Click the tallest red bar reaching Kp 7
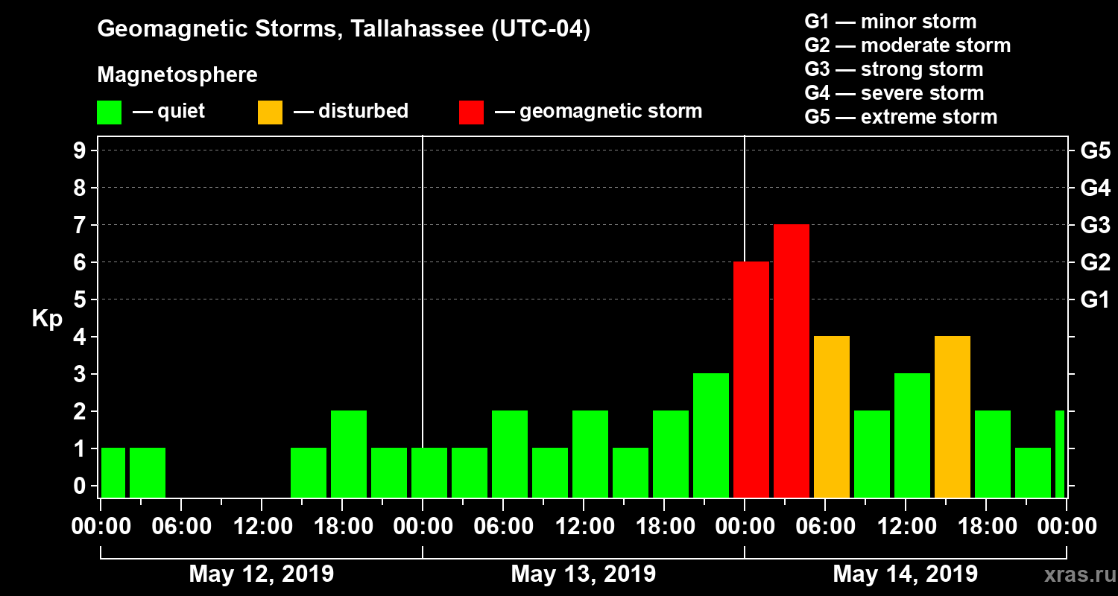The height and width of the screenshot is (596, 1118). click(792, 361)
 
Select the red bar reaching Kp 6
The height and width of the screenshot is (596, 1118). click(751, 380)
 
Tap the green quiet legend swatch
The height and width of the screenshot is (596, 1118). click(109, 112)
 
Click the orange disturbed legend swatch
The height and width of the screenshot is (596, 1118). click(270, 112)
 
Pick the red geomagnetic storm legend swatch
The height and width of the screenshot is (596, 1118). click(471, 112)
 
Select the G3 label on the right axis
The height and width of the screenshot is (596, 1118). click(1095, 225)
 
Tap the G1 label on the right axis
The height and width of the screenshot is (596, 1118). click(1095, 300)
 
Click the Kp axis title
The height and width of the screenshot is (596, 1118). click(47, 319)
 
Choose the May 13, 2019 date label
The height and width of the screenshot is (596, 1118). click(584, 574)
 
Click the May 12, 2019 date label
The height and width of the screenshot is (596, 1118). click(262, 574)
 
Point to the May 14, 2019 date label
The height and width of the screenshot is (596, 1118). click(905, 574)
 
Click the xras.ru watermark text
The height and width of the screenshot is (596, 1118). click(1076, 575)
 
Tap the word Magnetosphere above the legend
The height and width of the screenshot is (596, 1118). click(177, 75)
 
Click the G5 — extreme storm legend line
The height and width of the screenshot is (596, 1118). click(900, 117)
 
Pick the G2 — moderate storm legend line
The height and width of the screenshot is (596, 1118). click(907, 45)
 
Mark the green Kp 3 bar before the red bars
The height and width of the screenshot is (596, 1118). click(711, 436)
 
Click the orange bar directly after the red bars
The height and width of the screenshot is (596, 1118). click(832, 417)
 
